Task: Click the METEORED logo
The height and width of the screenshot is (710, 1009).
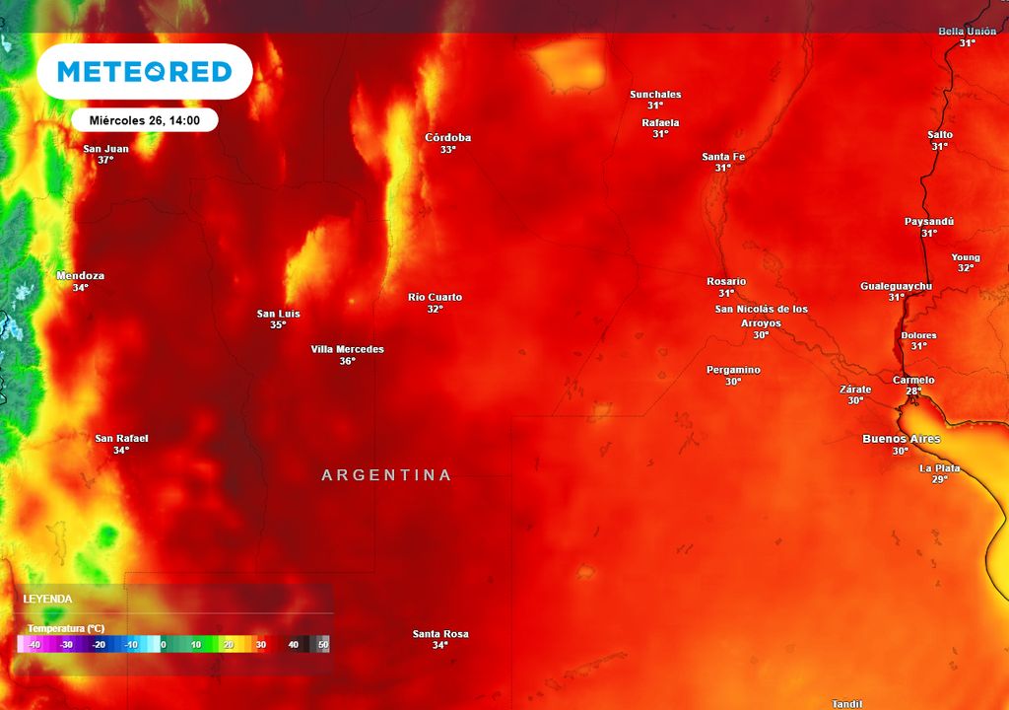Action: point(144,72)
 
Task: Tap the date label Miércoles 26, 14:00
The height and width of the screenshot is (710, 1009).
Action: point(144,119)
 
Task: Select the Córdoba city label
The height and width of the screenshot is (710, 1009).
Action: point(447,137)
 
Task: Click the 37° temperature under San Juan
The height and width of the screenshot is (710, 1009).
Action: point(105,160)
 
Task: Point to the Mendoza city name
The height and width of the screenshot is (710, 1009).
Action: point(81,276)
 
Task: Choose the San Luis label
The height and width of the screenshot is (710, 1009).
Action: point(278,314)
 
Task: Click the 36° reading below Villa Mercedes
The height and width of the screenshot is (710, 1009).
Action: point(347,361)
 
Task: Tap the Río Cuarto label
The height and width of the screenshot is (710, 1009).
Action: point(435,297)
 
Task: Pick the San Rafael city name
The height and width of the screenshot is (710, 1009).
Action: point(121,438)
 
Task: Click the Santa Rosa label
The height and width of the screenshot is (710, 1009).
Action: point(440,633)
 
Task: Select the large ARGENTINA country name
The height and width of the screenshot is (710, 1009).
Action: point(386,475)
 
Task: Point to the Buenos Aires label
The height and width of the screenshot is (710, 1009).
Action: point(901,439)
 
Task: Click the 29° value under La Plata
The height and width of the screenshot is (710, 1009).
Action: point(939,479)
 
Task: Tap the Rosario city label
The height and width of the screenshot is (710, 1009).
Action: point(726,281)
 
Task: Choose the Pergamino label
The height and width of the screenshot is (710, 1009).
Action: point(733,370)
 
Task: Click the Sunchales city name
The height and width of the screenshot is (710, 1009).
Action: point(655,95)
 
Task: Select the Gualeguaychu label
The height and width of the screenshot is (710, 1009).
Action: point(896,286)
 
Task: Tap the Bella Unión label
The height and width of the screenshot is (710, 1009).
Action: point(968,32)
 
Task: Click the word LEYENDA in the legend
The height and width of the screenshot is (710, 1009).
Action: point(47,599)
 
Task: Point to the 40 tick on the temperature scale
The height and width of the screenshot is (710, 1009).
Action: point(293,644)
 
